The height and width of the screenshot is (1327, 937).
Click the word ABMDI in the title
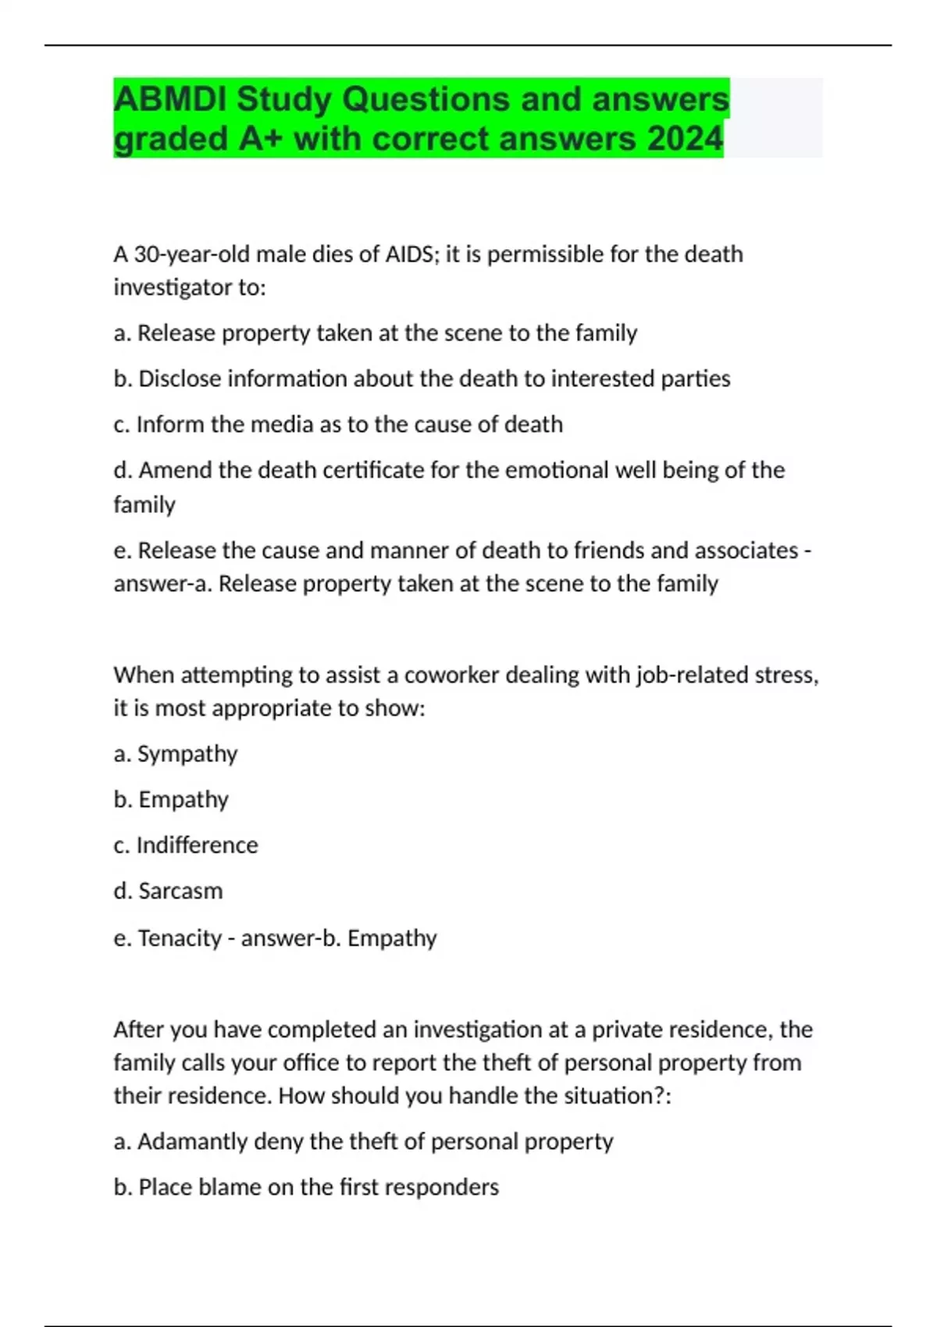point(169,99)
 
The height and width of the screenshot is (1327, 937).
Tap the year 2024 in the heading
point(685,139)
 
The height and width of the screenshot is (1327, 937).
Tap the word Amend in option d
point(176,470)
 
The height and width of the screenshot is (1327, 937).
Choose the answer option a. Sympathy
point(176,754)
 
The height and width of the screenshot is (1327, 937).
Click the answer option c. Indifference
point(186,845)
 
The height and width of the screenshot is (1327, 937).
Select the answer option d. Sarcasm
point(168,891)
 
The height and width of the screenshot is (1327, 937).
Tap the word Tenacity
point(180,937)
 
